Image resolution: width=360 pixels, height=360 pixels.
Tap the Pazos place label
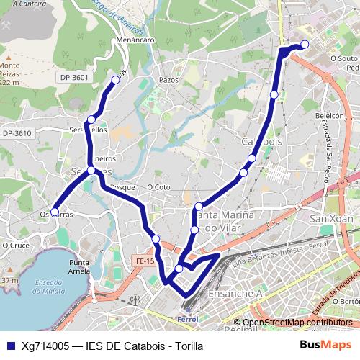pos(168,80)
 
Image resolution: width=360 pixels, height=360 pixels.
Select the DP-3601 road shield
pos(76,78)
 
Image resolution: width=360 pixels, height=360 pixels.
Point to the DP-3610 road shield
pos(17,133)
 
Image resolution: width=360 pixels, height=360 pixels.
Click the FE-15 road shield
pos(145,261)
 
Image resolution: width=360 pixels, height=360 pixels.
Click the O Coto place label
pos(158,186)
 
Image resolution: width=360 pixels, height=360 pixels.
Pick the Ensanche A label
pos(235,294)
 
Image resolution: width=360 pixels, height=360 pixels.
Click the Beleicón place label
pos(331,114)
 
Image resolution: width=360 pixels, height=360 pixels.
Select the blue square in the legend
pos(10,346)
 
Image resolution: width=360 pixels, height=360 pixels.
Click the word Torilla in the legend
pos(186,346)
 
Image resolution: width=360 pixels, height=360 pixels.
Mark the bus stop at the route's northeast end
pos(305,45)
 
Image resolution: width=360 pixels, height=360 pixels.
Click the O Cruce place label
pos(14,245)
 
